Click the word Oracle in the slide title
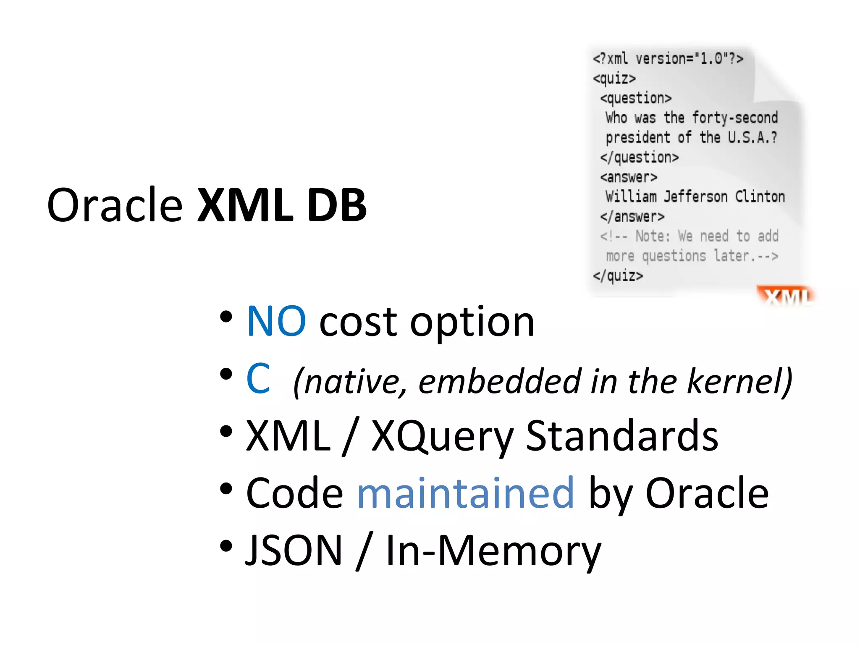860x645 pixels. click(115, 205)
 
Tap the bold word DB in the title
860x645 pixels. click(337, 205)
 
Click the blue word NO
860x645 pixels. click(276, 322)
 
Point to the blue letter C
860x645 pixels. click(258, 379)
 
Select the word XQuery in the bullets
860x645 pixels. click(442, 437)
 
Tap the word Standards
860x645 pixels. click(622, 436)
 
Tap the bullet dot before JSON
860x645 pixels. click(226, 546)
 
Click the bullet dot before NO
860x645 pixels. click(226, 317)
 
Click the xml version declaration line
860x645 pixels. click(668, 59)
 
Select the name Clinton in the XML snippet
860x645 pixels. click(760, 197)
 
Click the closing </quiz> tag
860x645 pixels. click(618, 276)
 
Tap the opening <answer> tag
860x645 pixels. click(629, 177)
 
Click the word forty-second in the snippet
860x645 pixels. click(735, 118)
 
